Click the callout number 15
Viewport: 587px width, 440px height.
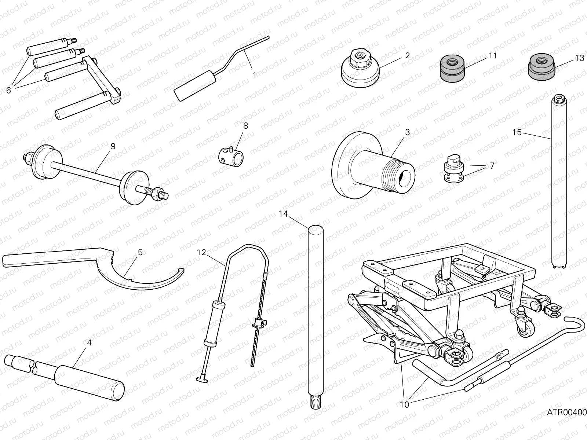pos(517,132)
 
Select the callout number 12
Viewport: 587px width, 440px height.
pos(202,252)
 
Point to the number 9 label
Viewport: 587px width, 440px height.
pos(113,146)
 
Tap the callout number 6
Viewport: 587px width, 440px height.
pos(8,90)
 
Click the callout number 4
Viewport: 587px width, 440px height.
pos(89,342)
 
